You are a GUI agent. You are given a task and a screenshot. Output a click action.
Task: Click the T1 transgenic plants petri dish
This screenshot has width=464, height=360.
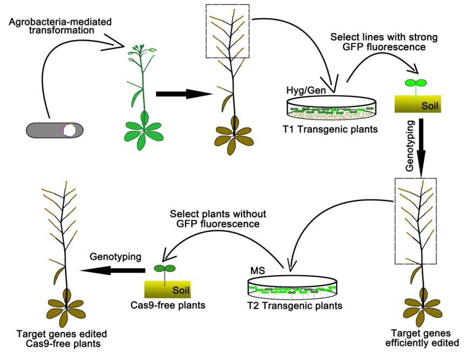click(331, 108)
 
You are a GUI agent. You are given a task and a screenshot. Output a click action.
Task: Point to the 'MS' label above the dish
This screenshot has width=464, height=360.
click(256, 269)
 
